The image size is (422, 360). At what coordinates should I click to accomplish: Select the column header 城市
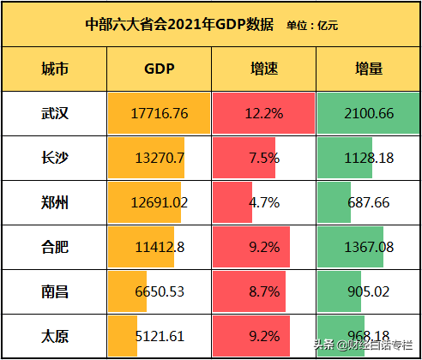point(55,69)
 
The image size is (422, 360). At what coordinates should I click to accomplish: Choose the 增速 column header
point(263,69)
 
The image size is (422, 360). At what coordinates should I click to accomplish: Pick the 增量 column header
point(369,69)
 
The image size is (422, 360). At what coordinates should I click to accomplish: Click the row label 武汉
point(55,113)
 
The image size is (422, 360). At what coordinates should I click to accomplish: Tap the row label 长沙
point(55,158)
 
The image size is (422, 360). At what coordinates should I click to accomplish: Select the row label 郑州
point(55,202)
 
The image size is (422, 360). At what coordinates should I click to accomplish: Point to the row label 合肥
point(55,247)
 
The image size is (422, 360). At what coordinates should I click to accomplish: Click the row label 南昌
point(55,291)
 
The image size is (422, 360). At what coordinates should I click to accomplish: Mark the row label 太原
point(55,335)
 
